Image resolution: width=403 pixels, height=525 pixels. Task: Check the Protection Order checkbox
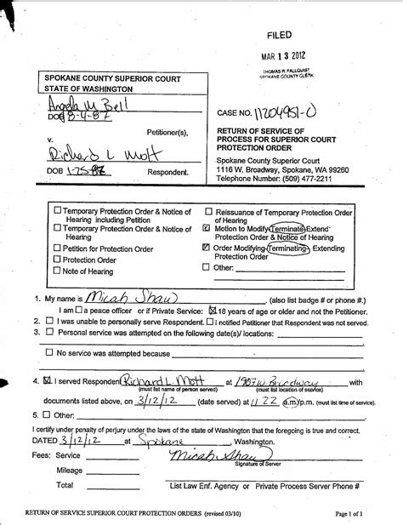pyautogui.click(x=57, y=259)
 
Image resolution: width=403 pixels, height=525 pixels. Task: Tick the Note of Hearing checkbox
pyautogui.click(x=57, y=271)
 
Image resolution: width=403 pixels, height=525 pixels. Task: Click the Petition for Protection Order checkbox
pyautogui.click(x=57, y=248)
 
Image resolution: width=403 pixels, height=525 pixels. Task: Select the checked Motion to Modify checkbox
pyautogui.click(x=207, y=229)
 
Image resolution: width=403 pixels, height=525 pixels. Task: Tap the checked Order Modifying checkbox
pyautogui.click(x=207, y=248)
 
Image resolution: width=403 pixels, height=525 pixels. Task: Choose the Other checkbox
pyautogui.click(x=207, y=267)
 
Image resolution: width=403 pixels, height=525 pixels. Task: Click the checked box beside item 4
pyautogui.click(x=48, y=382)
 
